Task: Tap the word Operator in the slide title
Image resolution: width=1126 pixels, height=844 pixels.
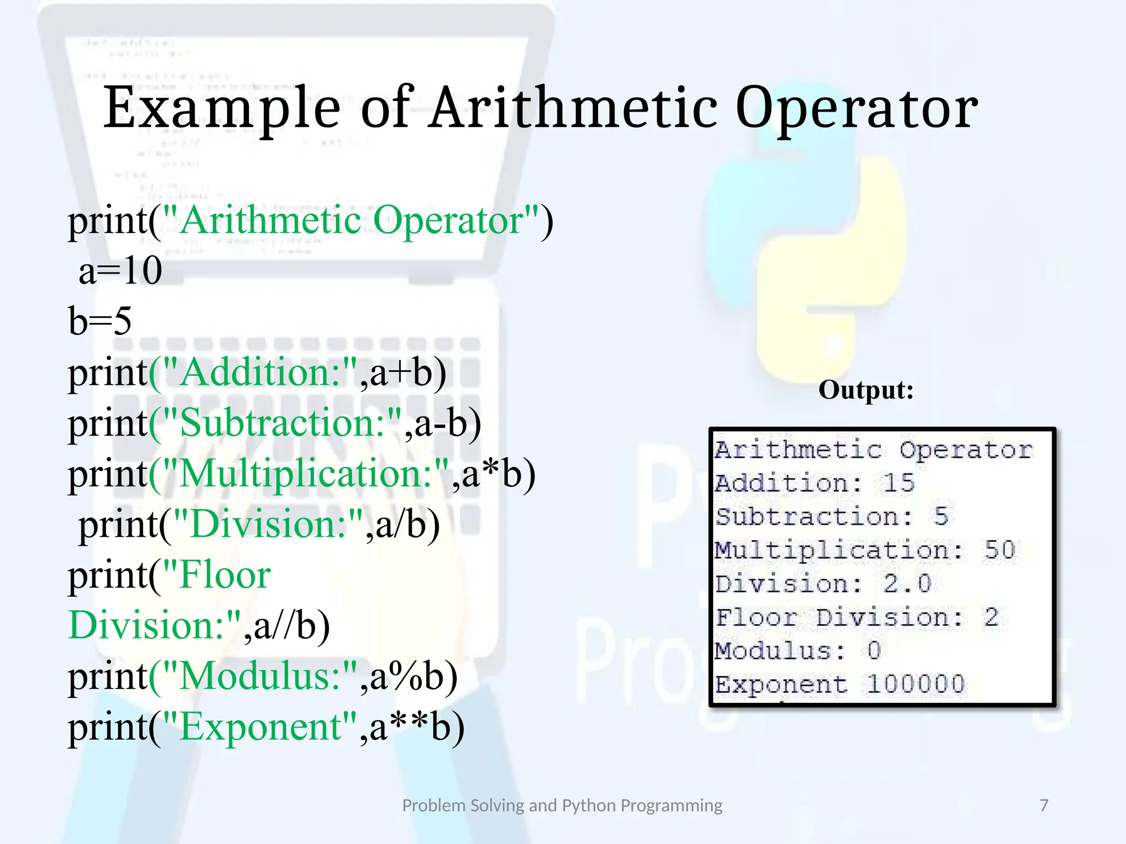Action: point(857,109)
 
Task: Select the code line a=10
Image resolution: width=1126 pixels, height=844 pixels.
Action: point(120,271)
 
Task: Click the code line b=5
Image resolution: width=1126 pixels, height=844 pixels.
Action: point(100,321)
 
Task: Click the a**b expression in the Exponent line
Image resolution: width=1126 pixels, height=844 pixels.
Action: point(417,727)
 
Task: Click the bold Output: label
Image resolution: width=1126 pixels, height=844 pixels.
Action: point(866,390)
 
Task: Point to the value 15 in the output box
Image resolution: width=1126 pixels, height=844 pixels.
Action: point(898,484)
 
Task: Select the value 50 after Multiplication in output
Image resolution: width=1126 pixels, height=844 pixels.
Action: point(1000,551)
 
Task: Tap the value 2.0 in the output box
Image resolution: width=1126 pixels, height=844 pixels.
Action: point(907,584)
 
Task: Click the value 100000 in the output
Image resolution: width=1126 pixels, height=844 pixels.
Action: point(916,685)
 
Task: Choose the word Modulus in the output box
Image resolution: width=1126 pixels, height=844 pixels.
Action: point(772,651)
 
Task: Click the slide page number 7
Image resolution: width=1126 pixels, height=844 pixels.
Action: point(1044,806)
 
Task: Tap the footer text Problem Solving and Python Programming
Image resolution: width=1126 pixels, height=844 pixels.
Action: point(562,806)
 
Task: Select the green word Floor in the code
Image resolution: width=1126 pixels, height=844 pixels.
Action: point(225,575)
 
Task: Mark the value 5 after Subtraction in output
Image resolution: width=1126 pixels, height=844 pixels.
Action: point(941,517)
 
